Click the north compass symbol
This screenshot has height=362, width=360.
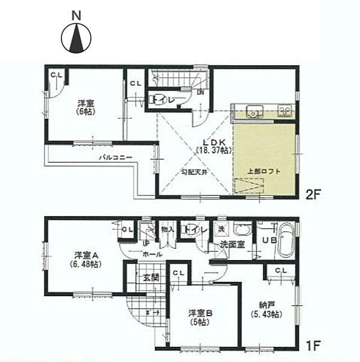75,39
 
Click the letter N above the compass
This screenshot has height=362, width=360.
75,14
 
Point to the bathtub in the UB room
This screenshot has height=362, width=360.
287,240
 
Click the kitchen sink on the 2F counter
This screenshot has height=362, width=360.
254,110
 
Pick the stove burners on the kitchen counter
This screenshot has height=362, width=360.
284,110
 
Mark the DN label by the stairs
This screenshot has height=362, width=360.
200,92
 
